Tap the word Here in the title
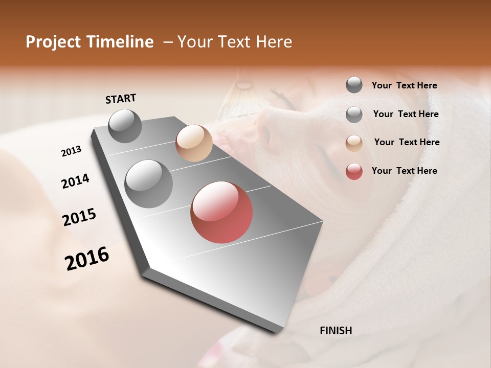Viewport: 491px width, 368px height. tap(274, 42)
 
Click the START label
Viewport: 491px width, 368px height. tap(121, 99)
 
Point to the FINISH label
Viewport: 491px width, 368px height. tap(336, 331)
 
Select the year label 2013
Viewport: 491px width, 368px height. tap(71, 151)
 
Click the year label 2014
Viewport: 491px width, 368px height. tap(75, 181)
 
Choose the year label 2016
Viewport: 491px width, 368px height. tap(87, 259)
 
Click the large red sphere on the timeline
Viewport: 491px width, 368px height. tap(221, 212)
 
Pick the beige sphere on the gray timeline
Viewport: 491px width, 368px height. tap(194, 143)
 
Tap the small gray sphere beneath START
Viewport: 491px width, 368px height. tap(125, 126)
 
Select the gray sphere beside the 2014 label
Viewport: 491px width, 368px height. tap(149, 184)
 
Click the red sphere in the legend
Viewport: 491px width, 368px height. tap(354, 172)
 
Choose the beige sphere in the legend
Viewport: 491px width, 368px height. tap(354, 143)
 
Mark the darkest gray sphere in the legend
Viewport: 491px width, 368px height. tap(354, 85)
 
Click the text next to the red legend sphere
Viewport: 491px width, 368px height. tap(404, 171)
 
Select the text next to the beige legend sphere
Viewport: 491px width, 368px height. tap(407, 142)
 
